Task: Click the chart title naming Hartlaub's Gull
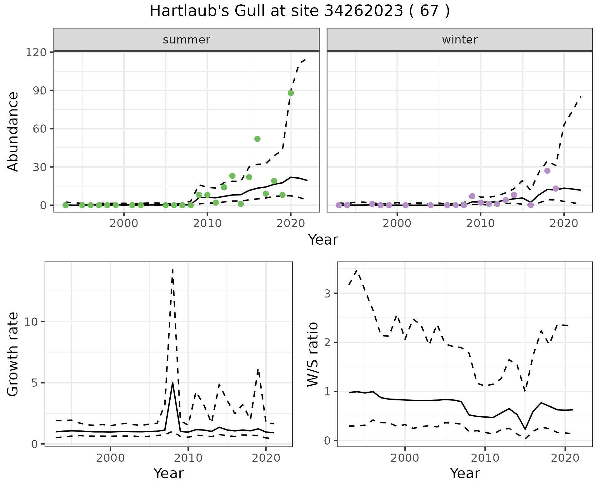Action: coord(300,11)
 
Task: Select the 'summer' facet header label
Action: coord(187,40)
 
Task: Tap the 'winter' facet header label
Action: coord(460,40)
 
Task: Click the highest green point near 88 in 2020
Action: coord(291,93)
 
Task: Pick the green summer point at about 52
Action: coord(257,139)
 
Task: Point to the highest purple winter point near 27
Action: coord(547,171)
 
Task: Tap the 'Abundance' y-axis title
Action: coord(13,131)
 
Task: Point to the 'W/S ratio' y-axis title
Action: coord(313,354)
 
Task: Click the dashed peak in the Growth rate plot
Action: coord(172,270)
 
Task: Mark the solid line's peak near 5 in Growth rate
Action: coord(172,383)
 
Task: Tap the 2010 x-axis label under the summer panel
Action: coord(207,224)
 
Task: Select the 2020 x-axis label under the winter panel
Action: coord(564,224)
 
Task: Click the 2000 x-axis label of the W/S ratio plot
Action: coord(405,458)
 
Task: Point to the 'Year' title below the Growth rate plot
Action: coord(169,474)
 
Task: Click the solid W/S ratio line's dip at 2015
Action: coord(525,429)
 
